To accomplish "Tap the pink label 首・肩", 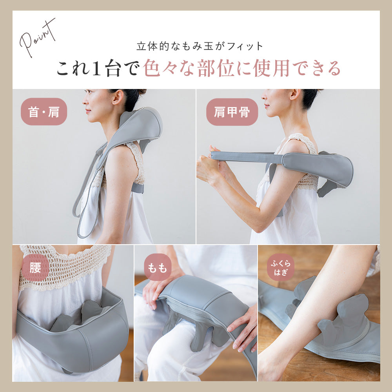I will (x=44, y=112).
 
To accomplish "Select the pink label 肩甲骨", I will (x=232, y=112).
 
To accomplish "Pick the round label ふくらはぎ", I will (x=281, y=267).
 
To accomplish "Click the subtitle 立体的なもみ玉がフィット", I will (x=200, y=46).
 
